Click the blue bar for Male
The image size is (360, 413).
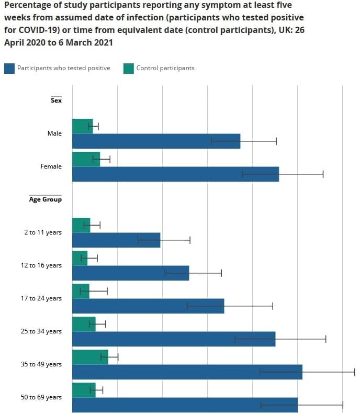[x=156, y=141]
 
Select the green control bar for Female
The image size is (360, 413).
[x=86, y=159]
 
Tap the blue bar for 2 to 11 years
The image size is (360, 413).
[x=116, y=240]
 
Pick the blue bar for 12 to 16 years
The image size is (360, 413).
[x=130, y=273]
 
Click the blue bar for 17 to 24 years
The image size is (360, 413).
[x=148, y=306]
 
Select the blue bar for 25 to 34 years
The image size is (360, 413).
[x=173, y=339]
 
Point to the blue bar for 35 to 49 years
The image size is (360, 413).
[x=187, y=372]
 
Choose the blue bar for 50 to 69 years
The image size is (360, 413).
[x=185, y=405]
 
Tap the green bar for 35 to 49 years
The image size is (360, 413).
[x=90, y=357]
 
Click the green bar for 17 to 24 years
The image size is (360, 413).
[x=81, y=291]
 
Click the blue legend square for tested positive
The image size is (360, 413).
[x=9, y=68]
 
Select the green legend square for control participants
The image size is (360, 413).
[x=128, y=68]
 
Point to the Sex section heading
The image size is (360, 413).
[x=56, y=101]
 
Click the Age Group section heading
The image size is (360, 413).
[x=46, y=199]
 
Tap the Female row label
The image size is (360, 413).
[x=51, y=166]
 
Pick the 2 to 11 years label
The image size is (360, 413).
[x=42, y=232]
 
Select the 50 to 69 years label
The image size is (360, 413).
[x=41, y=397]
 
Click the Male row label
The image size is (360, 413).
[x=54, y=133]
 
